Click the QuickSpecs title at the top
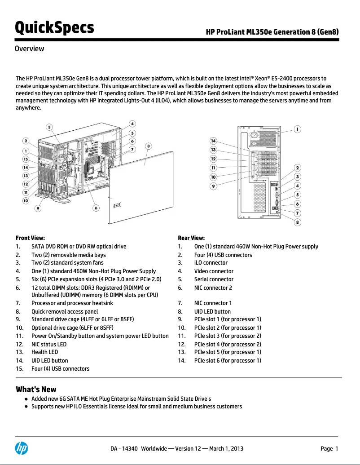click(54, 27)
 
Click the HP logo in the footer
click(22, 448)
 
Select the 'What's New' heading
click(36, 389)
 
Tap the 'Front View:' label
click(30, 238)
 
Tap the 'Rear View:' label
click(191, 238)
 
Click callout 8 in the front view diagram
click(149, 146)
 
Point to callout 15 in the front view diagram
click(26, 159)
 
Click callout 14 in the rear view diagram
click(214, 141)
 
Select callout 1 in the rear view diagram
click(297, 129)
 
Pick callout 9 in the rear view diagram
click(214, 186)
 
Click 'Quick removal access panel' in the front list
click(65, 311)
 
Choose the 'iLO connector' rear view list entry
click(211, 263)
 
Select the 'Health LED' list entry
click(44, 352)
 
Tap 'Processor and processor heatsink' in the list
click(72, 303)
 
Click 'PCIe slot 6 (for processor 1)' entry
click(228, 360)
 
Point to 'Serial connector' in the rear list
click(214, 279)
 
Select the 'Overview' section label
click(30, 49)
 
